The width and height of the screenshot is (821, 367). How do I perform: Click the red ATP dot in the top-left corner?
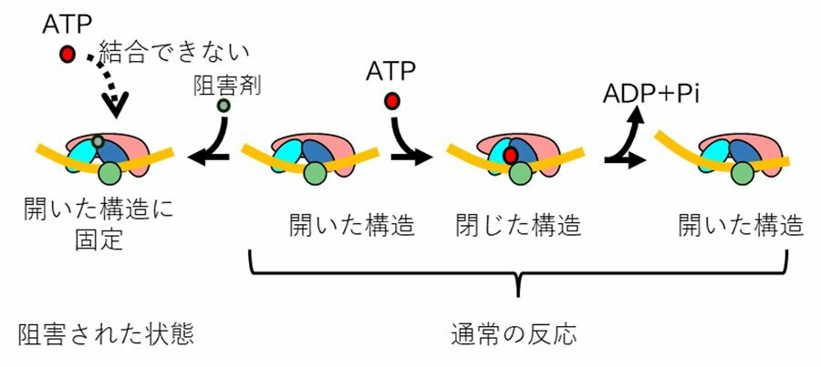[68, 55]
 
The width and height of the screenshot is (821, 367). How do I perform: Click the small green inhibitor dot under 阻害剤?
[223, 107]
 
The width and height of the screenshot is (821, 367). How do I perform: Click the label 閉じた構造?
[518, 224]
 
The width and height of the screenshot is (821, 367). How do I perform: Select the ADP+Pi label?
[650, 94]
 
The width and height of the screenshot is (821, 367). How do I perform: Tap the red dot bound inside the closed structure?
[511, 156]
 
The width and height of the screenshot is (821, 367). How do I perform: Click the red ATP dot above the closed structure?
[393, 101]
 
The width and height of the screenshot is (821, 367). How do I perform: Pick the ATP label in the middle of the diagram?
[391, 70]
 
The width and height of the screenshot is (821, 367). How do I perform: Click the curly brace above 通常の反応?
[518, 274]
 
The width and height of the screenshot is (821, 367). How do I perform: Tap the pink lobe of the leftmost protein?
[146, 146]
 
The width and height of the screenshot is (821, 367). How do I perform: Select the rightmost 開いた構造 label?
[741, 224]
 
